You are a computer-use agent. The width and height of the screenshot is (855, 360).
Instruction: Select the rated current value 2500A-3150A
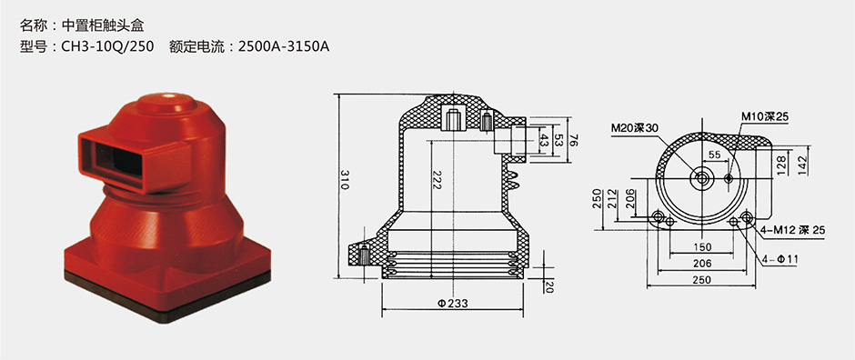(x=284, y=46)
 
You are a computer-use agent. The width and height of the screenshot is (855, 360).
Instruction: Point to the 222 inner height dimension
(x=437, y=180)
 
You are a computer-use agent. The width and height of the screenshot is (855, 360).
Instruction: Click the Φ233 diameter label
(x=452, y=304)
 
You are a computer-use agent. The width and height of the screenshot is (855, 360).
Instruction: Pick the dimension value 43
(x=544, y=140)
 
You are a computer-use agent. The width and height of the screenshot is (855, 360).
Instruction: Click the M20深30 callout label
(x=635, y=128)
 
